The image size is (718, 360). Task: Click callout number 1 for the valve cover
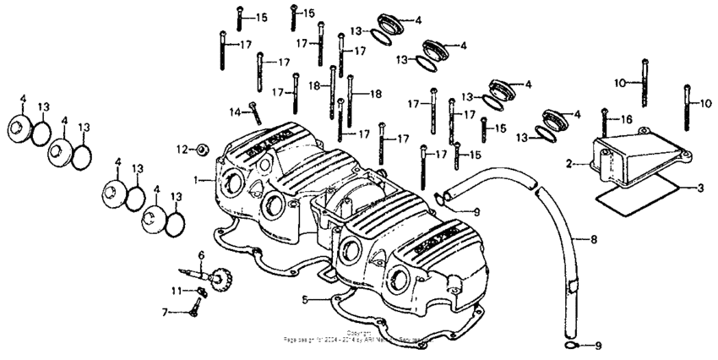(x=196, y=180)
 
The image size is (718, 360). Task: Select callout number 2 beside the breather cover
(x=569, y=162)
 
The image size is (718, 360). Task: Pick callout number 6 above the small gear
(x=201, y=255)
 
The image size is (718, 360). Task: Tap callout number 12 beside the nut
(x=181, y=150)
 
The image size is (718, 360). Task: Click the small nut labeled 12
(x=202, y=150)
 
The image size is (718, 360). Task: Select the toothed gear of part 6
(x=224, y=277)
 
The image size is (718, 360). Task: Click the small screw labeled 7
(x=193, y=312)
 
